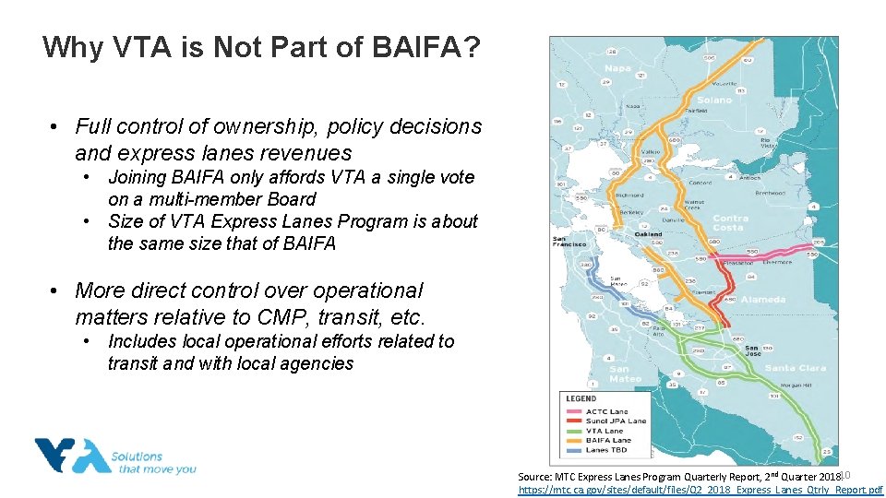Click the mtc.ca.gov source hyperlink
click(700, 491)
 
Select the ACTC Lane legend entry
click(606, 411)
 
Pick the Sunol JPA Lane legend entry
click(616, 421)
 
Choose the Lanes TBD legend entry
click(605, 450)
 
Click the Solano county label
click(714, 100)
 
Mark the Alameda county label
click(763, 300)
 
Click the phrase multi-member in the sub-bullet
click(188, 199)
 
